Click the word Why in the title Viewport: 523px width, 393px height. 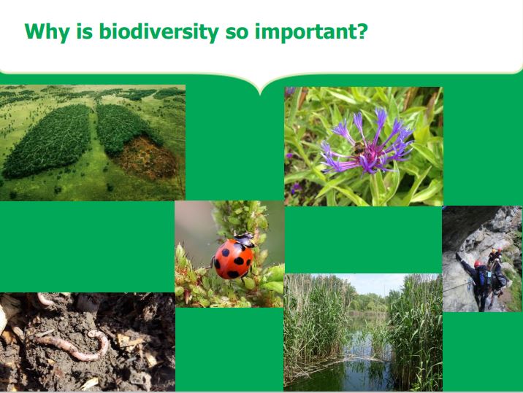tap(47, 32)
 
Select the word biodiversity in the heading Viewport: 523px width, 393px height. tap(159, 31)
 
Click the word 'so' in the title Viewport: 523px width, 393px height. tap(237, 33)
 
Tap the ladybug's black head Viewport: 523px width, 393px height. tap(245, 238)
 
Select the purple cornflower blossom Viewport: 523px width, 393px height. tap(367, 143)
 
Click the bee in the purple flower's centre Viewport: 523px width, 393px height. tap(359, 148)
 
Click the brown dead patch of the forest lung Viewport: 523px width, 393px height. tap(147, 157)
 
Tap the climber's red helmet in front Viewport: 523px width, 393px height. tap(478, 264)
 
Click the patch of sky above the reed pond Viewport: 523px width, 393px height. tap(373, 283)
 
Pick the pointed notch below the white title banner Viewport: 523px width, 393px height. tap(261, 93)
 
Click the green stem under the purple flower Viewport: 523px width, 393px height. tap(375, 188)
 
